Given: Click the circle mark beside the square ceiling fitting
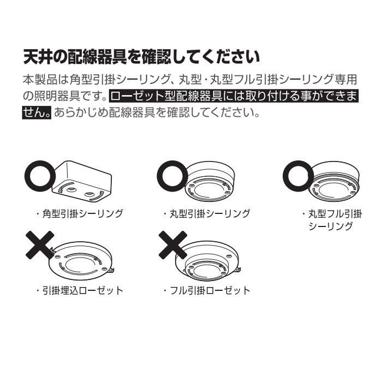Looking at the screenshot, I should [x=39, y=175].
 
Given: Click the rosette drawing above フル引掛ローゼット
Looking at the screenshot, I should [x=210, y=261].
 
